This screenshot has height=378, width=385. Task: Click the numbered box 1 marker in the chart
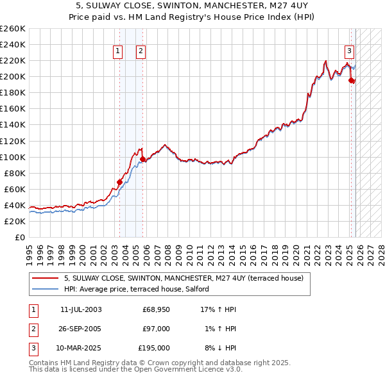pos(119,53)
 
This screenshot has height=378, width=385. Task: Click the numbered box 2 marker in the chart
pos(141,53)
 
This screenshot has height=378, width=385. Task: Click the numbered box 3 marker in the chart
pos(350,53)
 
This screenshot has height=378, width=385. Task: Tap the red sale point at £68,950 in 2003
pos(119,181)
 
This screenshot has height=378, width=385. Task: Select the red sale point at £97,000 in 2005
pos(142,159)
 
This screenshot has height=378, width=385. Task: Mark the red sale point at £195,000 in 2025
pos(352,80)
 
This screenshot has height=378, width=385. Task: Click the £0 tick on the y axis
pos(19,237)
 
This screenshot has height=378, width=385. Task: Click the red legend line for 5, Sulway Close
pos(45,278)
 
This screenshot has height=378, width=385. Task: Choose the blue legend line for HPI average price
pos(45,289)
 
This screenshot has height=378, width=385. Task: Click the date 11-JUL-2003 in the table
pos(81,309)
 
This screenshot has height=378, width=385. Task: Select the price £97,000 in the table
pos(156,329)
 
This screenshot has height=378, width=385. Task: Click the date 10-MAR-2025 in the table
pos(81,348)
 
